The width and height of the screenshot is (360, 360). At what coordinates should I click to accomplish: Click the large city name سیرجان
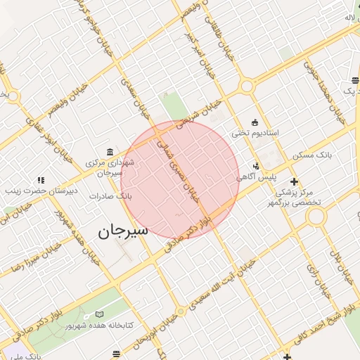(x=123, y=230)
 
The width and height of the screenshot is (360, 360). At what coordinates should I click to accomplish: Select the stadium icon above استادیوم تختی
(x=255, y=122)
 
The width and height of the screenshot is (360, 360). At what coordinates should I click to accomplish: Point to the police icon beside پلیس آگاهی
(x=257, y=167)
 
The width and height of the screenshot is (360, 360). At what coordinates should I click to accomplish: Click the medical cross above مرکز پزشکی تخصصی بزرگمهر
(x=294, y=181)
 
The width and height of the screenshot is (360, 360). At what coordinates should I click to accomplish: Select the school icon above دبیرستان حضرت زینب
(x=41, y=180)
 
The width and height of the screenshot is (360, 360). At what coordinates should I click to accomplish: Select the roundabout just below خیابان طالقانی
(x=246, y=86)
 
